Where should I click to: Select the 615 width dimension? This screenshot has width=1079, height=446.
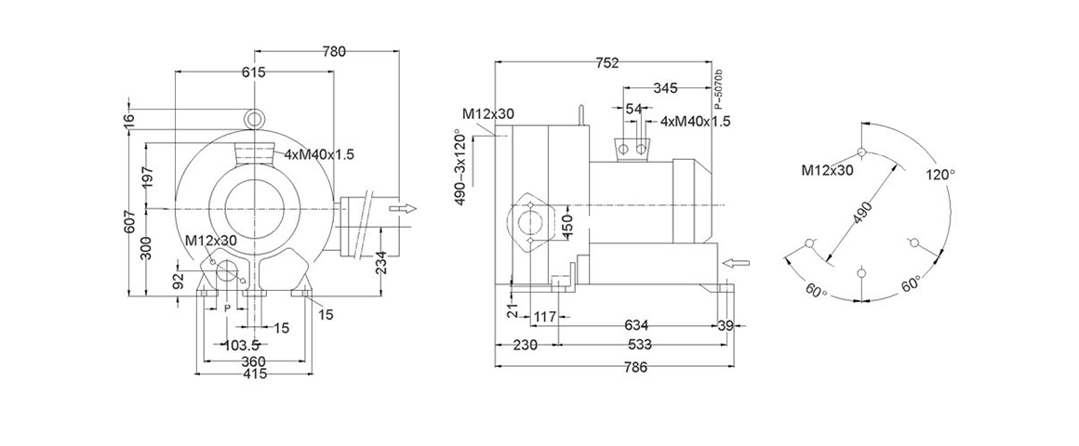254,72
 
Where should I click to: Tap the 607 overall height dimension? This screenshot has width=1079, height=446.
130,220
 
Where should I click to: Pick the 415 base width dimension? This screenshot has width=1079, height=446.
254,374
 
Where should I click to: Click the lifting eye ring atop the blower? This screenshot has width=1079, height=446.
253,117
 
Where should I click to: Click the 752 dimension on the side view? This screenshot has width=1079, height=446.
606,63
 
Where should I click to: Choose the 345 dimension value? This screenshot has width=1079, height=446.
665,88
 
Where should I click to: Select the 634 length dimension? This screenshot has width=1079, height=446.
635,325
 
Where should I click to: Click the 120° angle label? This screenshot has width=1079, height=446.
941,175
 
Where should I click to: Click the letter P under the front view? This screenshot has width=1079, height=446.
226,308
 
